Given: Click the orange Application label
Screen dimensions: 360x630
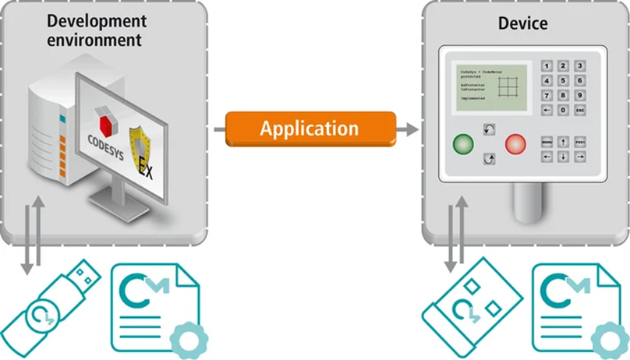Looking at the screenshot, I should [309, 129].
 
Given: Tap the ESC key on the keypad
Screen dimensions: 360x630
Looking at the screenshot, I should [579, 111].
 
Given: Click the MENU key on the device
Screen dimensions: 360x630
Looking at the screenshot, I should [547, 142].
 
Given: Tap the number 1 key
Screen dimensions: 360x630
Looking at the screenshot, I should [547, 65].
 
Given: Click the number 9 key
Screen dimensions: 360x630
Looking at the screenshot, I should [579, 95].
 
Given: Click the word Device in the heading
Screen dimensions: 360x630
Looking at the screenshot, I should [522, 23].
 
